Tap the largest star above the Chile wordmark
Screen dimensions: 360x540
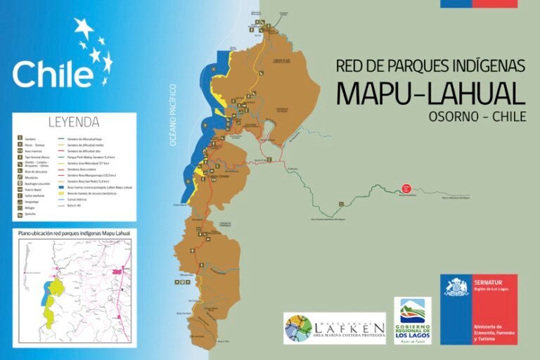coord(84,30)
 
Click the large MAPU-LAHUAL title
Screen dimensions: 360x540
coord(430,93)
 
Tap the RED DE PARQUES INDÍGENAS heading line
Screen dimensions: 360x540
coord(430,66)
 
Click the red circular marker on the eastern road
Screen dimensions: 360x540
coord(406,188)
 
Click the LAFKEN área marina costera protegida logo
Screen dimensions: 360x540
coord(335,328)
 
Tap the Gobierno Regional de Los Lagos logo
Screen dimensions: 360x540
coord(413,320)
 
